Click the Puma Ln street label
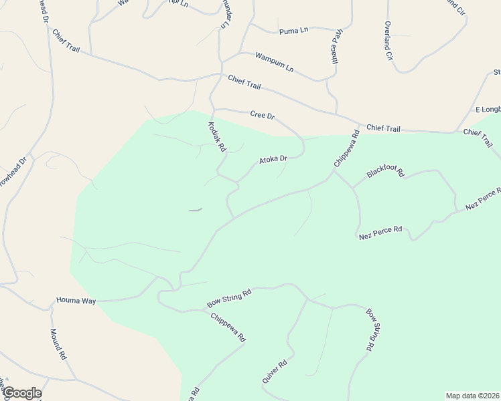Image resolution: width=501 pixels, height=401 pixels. [294, 31]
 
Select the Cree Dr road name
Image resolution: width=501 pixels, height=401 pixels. [263, 115]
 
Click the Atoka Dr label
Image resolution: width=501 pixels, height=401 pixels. [273, 160]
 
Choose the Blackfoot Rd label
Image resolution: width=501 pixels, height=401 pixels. [386, 173]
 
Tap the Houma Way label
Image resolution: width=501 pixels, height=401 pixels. [76, 301]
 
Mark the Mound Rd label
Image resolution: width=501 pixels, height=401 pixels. [58, 344]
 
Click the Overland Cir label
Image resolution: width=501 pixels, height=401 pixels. [388, 41]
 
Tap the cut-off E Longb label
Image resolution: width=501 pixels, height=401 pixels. [487, 109]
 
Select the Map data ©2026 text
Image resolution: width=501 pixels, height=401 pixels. [472, 396]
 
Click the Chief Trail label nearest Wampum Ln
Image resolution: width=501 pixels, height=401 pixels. [244, 82]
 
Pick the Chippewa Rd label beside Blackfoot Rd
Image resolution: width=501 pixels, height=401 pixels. [347, 148]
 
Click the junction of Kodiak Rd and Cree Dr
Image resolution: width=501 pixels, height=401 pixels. [213, 110]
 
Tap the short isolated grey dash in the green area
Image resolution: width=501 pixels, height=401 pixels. [195, 211]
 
